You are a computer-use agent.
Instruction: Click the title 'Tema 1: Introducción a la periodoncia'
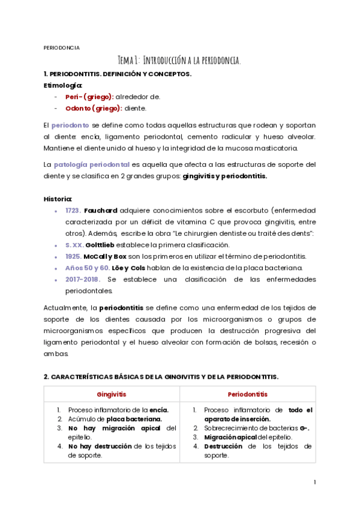[179, 60]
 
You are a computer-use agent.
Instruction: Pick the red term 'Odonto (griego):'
[94, 108]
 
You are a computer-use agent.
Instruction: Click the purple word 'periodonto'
[70, 125]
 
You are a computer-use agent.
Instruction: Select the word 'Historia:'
[58, 199]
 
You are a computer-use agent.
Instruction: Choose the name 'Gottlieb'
[101, 244]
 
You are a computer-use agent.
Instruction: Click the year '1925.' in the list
[73, 256]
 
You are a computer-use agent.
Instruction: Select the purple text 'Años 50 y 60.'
[88, 267]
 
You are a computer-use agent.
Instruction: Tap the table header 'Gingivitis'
[111, 394]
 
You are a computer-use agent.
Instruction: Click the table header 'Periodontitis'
[247, 394]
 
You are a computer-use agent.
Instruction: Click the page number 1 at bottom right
[314, 482]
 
